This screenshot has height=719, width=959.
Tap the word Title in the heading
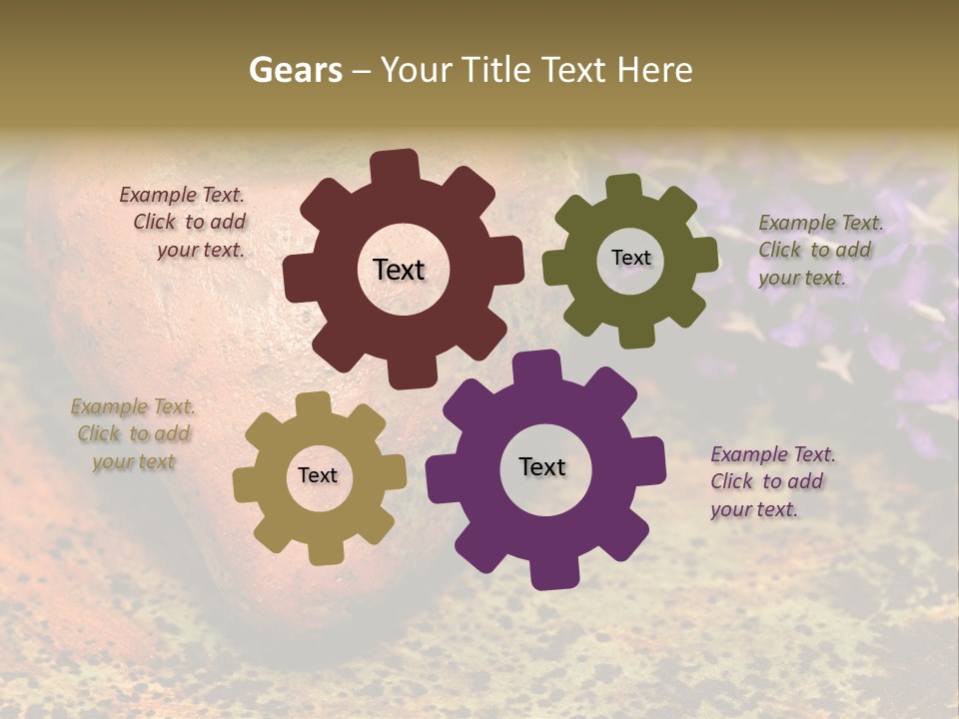[495, 70]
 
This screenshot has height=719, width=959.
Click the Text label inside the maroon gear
[399, 270]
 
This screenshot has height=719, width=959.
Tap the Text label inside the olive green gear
[630, 258]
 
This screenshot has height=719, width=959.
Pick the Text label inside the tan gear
[318, 475]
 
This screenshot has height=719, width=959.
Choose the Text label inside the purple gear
[542, 466]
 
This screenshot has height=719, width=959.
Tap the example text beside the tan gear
[134, 434]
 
